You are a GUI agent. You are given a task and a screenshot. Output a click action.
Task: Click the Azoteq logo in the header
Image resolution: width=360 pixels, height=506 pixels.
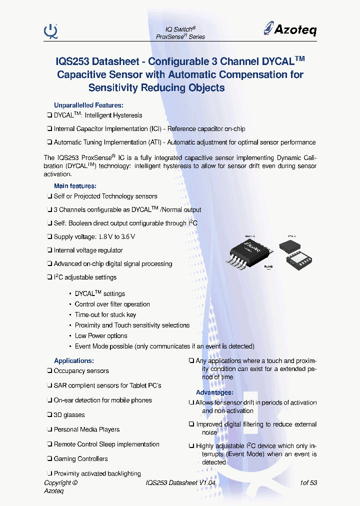click(x=290, y=29)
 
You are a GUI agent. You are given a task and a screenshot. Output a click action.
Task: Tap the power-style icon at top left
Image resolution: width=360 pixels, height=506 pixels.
click(x=50, y=31)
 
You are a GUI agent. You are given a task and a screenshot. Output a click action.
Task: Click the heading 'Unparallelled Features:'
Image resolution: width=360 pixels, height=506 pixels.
click(x=88, y=105)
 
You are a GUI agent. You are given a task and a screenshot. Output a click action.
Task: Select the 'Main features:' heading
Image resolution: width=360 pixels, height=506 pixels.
click(x=75, y=186)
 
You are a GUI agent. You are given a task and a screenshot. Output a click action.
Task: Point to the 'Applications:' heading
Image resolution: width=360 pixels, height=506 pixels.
click(x=73, y=360)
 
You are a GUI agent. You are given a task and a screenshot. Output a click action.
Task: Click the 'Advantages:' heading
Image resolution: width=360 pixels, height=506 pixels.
click(x=214, y=392)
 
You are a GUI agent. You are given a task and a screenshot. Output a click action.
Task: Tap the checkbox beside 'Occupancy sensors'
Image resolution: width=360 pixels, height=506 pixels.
click(x=49, y=371)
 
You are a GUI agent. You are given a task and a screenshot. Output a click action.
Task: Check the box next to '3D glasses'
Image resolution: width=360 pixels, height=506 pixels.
click(x=49, y=415)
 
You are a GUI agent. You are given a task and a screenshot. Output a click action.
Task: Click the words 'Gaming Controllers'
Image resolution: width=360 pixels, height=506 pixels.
click(x=80, y=458)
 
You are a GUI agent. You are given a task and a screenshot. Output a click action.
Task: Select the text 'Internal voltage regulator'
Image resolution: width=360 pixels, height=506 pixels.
click(x=88, y=250)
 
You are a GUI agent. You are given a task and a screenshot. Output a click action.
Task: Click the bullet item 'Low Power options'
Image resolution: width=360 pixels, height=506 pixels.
click(x=101, y=335)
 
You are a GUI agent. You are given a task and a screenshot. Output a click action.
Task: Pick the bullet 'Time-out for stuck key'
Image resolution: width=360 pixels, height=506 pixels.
click(x=105, y=314)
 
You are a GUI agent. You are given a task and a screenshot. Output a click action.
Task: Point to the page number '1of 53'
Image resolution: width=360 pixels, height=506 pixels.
click(x=308, y=482)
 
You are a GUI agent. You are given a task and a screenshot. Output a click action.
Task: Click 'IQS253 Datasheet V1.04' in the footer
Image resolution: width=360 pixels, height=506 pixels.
click(x=180, y=482)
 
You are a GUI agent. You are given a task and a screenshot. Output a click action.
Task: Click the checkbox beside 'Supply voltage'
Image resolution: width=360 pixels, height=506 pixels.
click(x=49, y=236)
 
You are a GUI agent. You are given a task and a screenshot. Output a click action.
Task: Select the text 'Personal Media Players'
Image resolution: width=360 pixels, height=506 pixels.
click(x=86, y=429)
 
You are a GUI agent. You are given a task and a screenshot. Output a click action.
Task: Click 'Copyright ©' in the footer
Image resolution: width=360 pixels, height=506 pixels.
click(x=60, y=482)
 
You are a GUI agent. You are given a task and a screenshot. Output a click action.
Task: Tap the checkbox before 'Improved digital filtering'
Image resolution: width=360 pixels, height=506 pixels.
click(x=191, y=424)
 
